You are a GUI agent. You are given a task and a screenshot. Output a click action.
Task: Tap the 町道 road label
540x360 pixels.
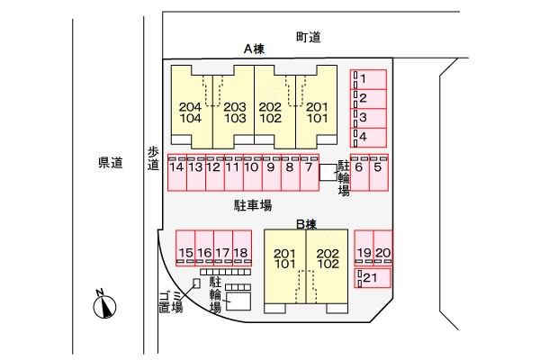click(308, 37)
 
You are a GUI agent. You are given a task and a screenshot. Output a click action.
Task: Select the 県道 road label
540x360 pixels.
click(111, 163)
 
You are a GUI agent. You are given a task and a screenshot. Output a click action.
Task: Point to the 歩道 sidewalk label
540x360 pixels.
click(153, 158)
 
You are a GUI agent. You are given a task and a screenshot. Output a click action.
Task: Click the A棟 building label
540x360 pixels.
click(254, 49)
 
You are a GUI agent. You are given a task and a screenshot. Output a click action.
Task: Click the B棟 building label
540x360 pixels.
click(306, 225)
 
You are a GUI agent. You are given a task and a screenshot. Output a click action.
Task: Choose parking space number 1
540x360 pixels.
click(368, 79)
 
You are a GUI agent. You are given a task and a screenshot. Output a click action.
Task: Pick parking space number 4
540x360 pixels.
click(368, 138)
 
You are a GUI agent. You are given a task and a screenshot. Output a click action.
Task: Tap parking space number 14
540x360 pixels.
click(177, 172)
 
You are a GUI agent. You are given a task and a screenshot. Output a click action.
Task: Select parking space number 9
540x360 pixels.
click(272, 172)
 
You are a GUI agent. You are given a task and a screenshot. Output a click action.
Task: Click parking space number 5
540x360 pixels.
click(379, 172)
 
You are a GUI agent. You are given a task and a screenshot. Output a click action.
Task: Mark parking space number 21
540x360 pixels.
click(373, 278)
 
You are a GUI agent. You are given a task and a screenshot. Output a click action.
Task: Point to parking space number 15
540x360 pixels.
click(185, 248)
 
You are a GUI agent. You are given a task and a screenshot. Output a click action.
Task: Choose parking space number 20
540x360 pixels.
click(383, 248)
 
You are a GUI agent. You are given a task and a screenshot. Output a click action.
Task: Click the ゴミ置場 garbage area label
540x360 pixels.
click(171, 301)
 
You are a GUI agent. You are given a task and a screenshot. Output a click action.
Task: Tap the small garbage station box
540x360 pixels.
click(196, 283)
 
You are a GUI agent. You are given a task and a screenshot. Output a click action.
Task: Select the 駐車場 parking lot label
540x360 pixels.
click(253, 206)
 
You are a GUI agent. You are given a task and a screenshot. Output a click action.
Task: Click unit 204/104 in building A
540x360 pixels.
click(192, 107)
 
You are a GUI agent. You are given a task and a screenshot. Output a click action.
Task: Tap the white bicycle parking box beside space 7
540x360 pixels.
click(328, 172)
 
